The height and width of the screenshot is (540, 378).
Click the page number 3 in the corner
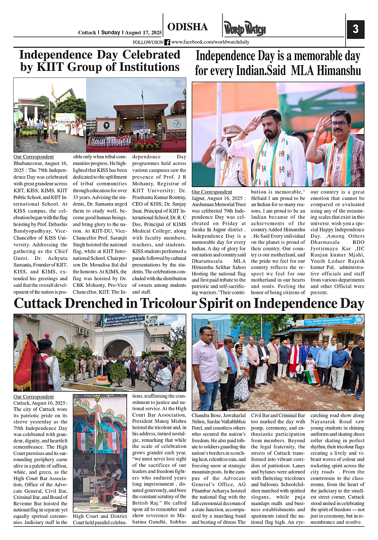coord(355,29)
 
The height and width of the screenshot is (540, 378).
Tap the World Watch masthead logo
coord(241,29)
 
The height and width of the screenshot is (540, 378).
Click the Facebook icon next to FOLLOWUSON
coord(167,42)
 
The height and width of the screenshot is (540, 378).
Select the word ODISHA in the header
coord(188,27)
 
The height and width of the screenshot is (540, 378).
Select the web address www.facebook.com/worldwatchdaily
coord(210,42)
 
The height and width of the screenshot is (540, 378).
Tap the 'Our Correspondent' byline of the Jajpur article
coord(212,192)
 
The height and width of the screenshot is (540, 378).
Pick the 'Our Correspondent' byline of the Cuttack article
coord(34,397)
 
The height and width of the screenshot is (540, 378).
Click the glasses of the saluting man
coord(338,124)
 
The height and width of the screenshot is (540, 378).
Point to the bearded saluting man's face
coord(273,125)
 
